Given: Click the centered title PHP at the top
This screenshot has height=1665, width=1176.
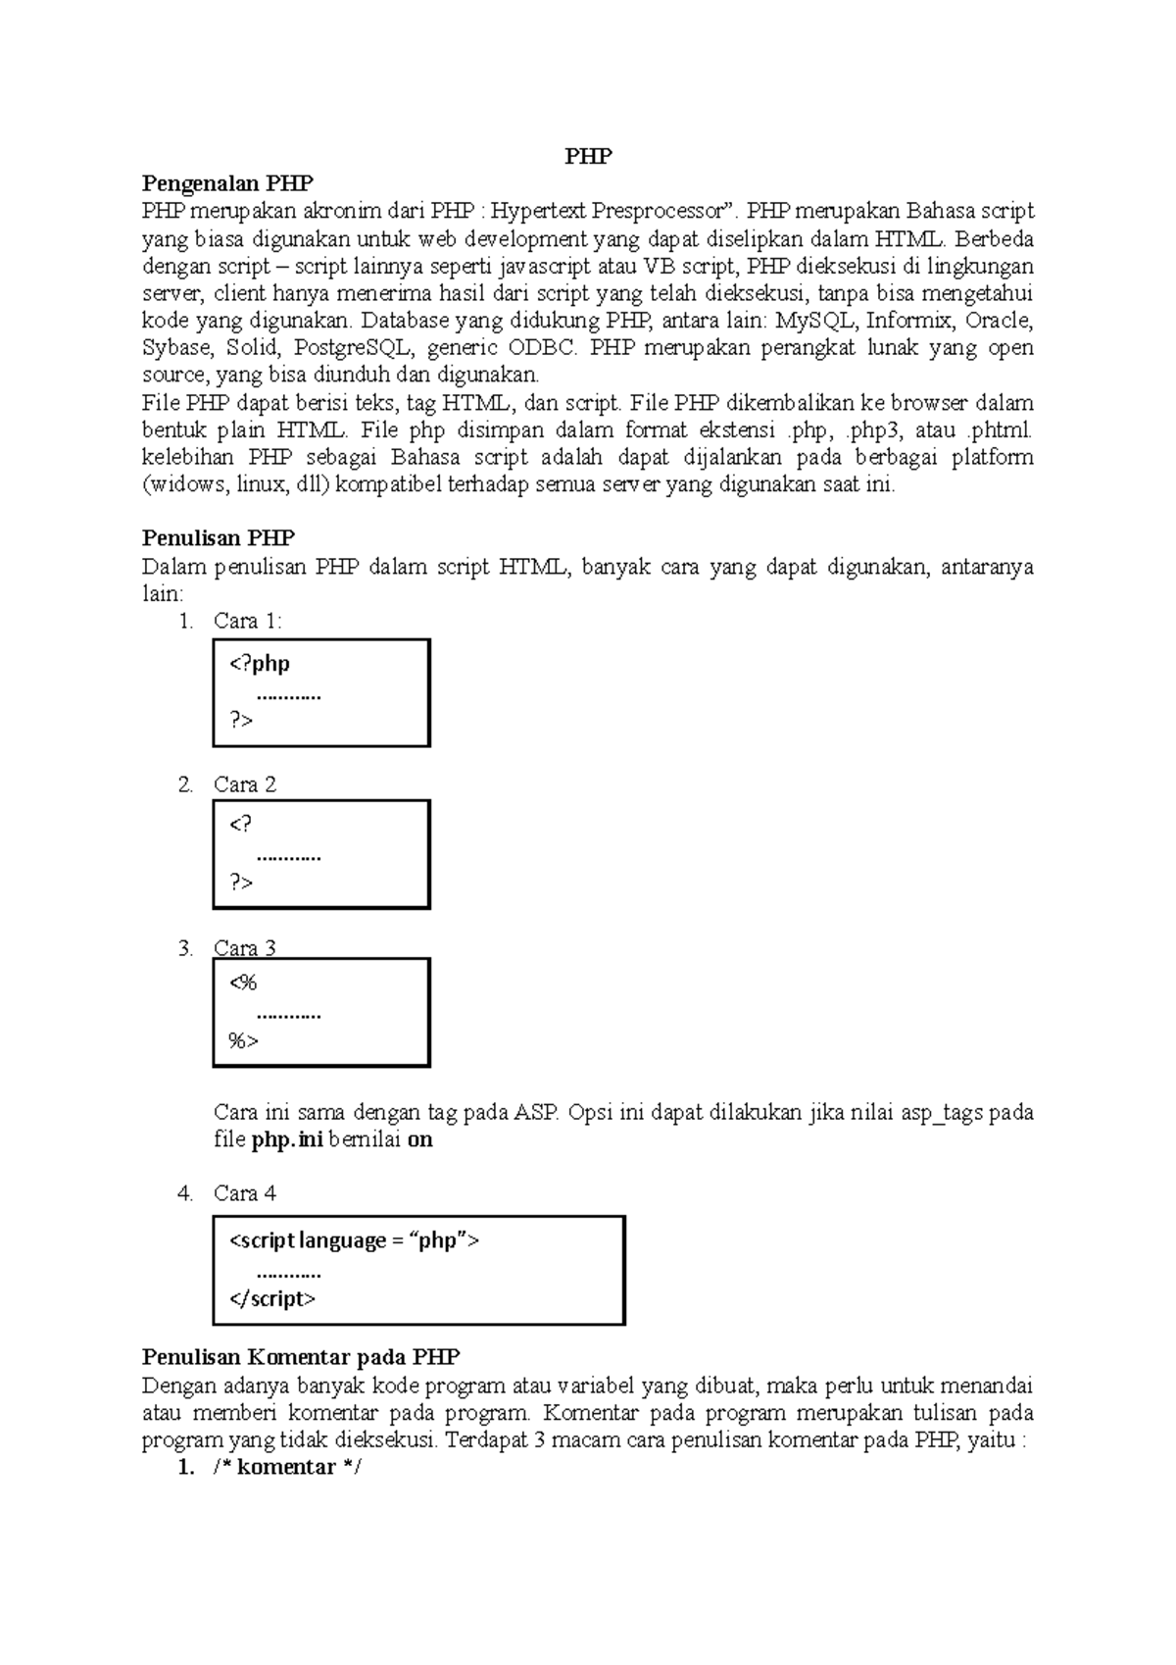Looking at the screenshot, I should click(x=588, y=156).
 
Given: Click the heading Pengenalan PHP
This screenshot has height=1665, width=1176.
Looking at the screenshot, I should click(x=227, y=183).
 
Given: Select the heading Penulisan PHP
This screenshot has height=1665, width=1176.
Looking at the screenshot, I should click(x=219, y=538).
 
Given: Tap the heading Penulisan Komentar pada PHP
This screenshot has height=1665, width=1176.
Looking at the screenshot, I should click(x=301, y=1358).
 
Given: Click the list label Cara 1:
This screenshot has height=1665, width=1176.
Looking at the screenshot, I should click(x=248, y=621).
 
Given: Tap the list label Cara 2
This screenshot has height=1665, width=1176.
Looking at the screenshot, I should click(x=245, y=784).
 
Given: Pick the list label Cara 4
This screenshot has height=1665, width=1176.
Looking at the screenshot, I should click(x=245, y=1193).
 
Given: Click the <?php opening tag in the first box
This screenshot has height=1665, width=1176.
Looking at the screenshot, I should click(x=260, y=664).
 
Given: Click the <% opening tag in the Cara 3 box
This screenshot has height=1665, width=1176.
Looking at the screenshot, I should click(x=243, y=984).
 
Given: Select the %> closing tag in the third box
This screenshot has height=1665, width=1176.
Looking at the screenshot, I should click(x=243, y=1041).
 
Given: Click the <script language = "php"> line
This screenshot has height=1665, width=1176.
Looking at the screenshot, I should click(x=355, y=1241).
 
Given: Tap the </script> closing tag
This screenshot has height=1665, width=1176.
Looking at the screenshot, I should click(x=272, y=1299).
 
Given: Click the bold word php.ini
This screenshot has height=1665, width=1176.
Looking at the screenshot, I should click(x=287, y=1140).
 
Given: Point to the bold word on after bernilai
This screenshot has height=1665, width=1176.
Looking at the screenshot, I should click(x=419, y=1140).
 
